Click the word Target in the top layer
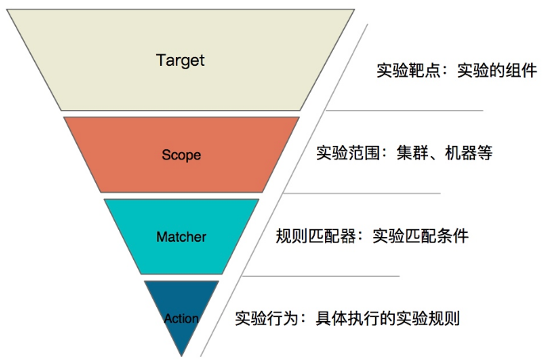[181, 60]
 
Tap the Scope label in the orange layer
[181, 155]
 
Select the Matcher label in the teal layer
[181, 236]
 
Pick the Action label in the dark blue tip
[181, 319]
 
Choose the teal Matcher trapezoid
[143, 254]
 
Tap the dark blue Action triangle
[182, 297]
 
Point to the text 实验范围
[342, 153]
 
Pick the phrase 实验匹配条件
[420, 236]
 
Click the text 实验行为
[261, 319]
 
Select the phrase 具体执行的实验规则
[388, 319]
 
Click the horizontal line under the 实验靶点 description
[404, 110]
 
